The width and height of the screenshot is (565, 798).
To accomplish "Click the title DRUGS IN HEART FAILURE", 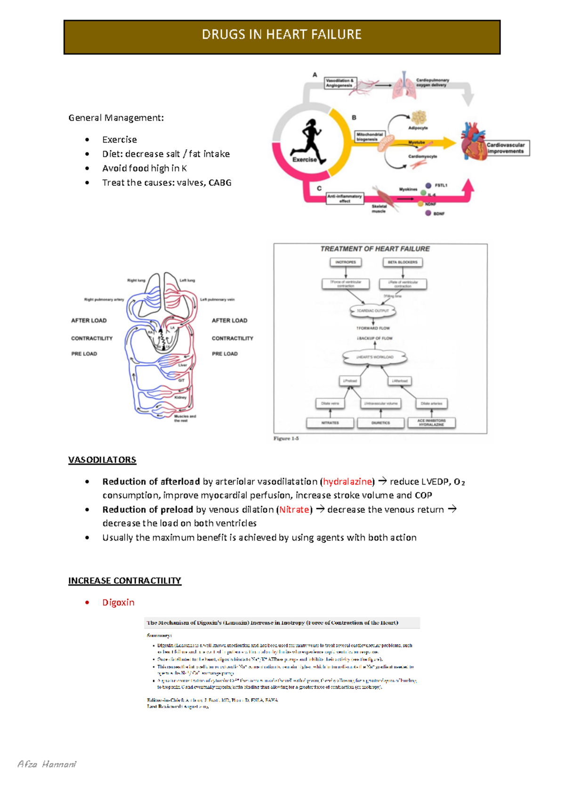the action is pyautogui.click(x=282, y=35).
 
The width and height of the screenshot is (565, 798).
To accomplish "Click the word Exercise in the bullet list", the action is pyautogui.click(x=120, y=140).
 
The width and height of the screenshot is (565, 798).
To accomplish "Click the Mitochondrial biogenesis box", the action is pyautogui.click(x=370, y=136).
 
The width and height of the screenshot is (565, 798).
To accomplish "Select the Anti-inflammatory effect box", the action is pyautogui.click(x=345, y=199).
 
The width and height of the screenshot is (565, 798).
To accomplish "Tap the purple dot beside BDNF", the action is pyautogui.click(x=428, y=213).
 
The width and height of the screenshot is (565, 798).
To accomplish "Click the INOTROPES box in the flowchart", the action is pyautogui.click(x=346, y=262).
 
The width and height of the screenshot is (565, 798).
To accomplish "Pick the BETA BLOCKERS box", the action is pyautogui.click(x=403, y=262).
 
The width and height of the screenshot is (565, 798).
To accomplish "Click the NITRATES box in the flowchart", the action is pyautogui.click(x=330, y=423).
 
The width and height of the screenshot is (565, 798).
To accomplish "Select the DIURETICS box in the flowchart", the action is pyautogui.click(x=380, y=423).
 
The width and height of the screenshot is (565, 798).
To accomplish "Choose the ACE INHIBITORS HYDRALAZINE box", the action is pyautogui.click(x=431, y=423).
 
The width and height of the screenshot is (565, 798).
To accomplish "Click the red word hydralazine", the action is pyautogui.click(x=347, y=481).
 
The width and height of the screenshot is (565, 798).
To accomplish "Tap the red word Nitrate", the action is pyautogui.click(x=294, y=510).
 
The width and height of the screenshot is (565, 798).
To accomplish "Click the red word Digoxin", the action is pyautogui.click(x=118, y=602).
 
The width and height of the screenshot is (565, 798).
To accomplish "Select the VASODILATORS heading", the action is pyautogui.click(x=102, y=460).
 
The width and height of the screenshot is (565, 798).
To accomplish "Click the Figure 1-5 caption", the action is pyautogui.click(x=286, y=439).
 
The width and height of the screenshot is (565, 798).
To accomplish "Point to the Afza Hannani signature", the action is pyautogui.click(x=47, y=764).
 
